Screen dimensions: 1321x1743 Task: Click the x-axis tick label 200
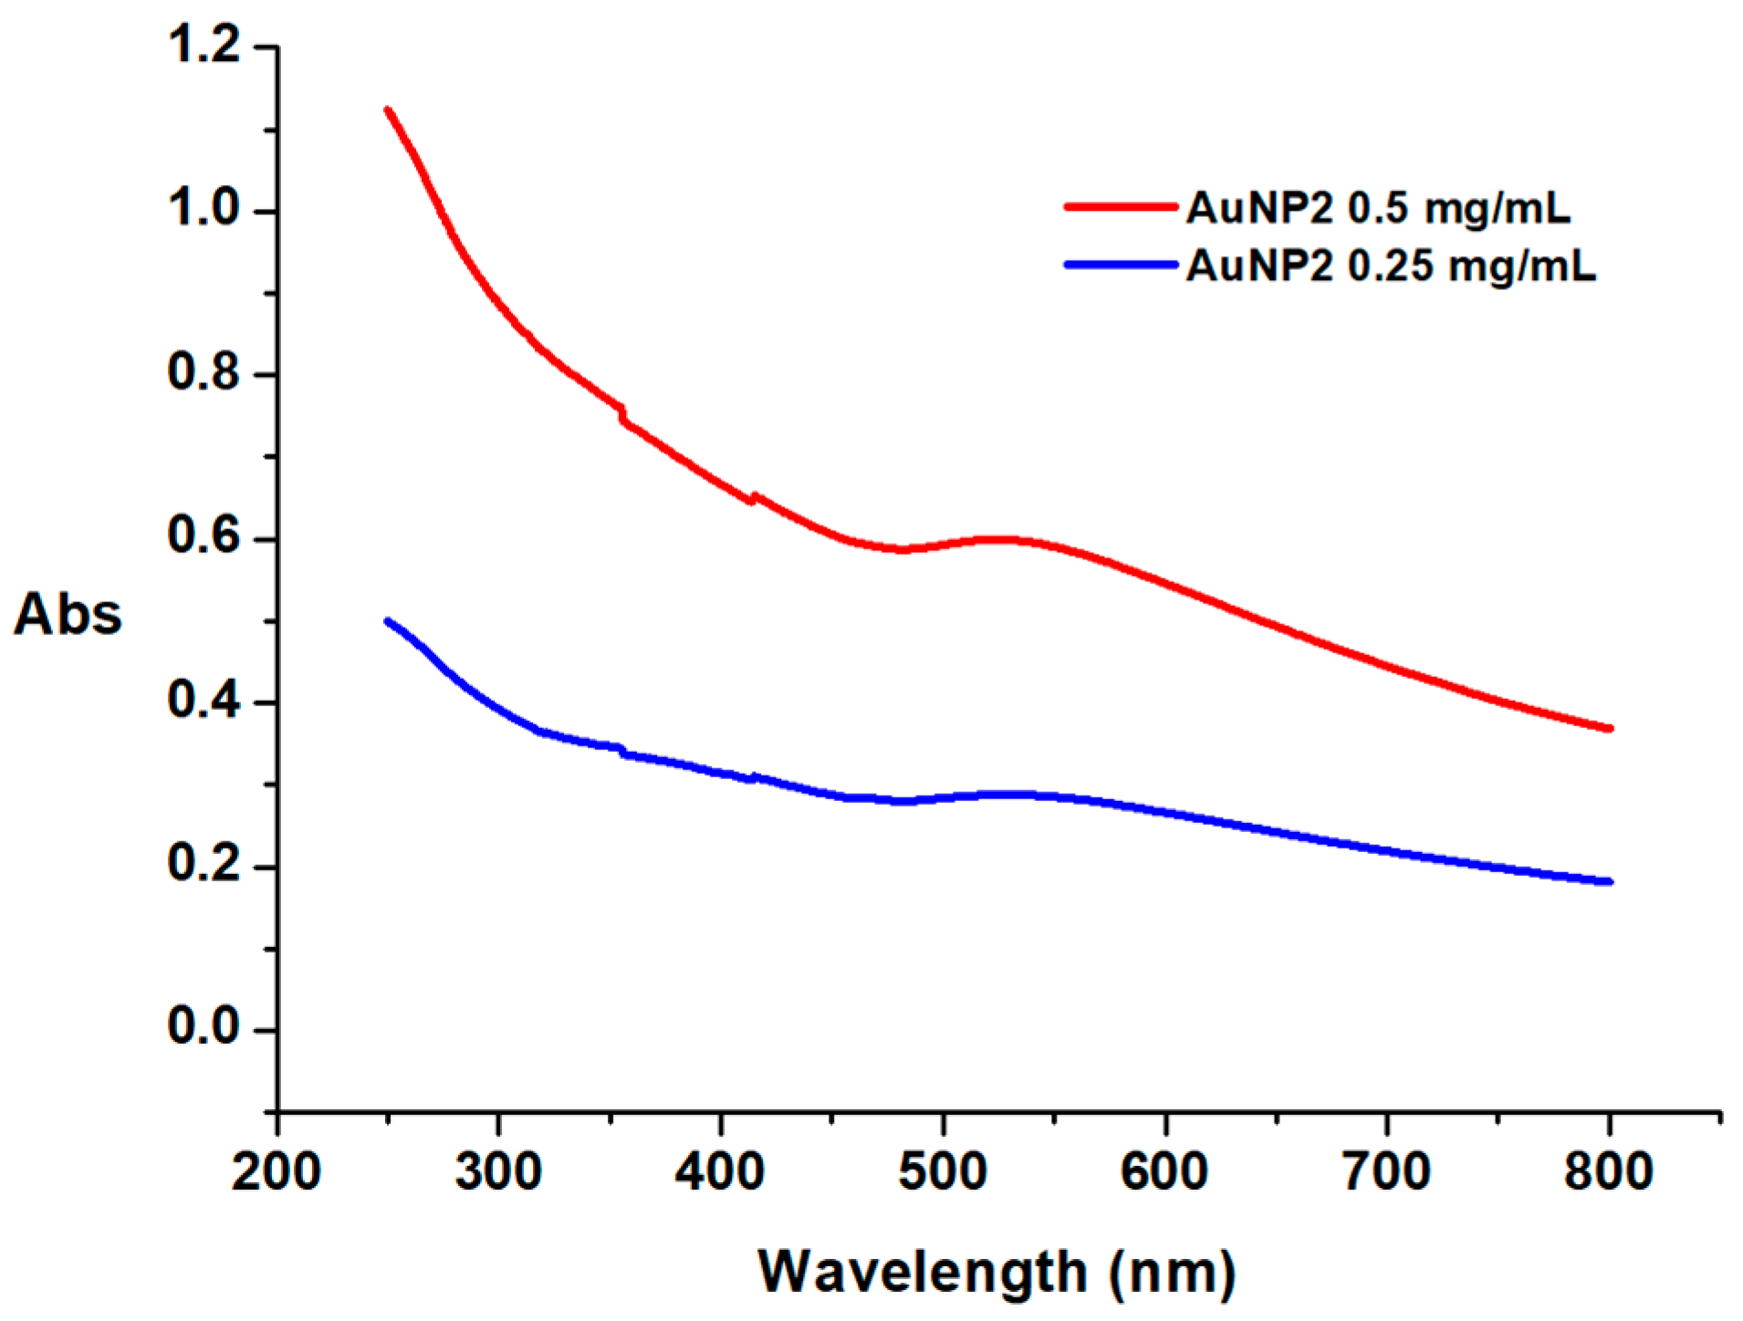276,1172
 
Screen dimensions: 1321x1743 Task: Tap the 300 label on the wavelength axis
498,1172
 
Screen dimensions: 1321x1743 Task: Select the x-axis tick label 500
942,1172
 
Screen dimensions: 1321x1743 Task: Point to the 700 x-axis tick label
1386,1172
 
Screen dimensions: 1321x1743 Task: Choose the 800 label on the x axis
1608,1172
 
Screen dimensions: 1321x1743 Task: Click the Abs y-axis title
68,614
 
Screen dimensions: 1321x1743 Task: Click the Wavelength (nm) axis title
997,1273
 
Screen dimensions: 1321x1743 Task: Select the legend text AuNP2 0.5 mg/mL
1378,209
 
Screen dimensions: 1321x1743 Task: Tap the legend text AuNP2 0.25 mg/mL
1391,266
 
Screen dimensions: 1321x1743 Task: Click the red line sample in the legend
1121,207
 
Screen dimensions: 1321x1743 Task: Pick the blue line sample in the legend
1121,265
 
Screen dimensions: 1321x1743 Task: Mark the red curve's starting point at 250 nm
388,110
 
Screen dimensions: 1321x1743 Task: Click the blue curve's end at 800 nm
1609,882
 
